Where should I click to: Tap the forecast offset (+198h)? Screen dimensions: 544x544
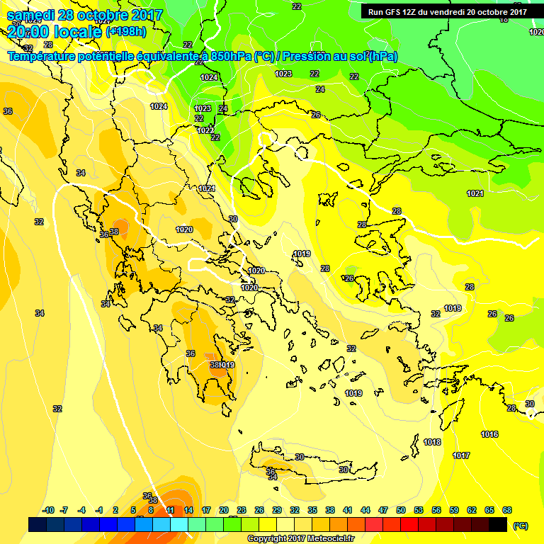pos(125,31)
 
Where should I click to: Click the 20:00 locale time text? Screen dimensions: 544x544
pos(55,31)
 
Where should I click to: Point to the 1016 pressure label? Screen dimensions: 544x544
pos(489,434)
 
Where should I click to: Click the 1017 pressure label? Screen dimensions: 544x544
pos(461,455)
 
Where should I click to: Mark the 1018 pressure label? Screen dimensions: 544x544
pos(432,442)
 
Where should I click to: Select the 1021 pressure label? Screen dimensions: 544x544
pos(475,193)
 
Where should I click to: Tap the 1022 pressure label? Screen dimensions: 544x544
pos(205,130)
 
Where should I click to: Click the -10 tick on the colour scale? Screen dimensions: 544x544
pos(49,510)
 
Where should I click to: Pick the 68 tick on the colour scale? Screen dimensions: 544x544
pos(507,510)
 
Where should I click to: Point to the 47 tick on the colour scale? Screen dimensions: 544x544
pos(383,510)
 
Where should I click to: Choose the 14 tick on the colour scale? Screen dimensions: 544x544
pos(188,510)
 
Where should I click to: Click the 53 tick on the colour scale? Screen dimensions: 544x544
pos(419,510)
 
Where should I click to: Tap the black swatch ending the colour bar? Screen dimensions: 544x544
pos(498,524)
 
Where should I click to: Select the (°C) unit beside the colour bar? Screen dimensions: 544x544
pos(520,526)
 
